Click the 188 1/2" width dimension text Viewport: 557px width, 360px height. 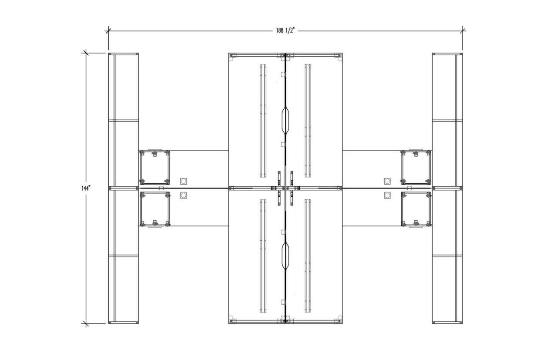pos(285,30)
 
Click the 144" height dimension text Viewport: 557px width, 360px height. pos(85,188)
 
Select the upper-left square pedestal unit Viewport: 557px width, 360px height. pos(154,167)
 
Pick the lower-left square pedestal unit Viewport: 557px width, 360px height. pos(154,209)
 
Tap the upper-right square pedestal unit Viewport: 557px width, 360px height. pos(416,167)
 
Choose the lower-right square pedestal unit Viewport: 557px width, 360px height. pos(416,209)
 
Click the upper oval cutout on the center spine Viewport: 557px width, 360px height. pos(285,119)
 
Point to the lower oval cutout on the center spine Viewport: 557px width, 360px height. pos(285,255)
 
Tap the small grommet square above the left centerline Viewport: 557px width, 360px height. pos(183,181)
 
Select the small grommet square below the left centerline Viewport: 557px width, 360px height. pos(183,195)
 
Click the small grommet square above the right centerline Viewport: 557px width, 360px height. pos(387,181)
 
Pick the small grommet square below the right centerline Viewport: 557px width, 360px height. pos(387,195)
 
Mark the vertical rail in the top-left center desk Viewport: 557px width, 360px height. pos(263,121)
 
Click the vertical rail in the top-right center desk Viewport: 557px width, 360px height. pos(308,121)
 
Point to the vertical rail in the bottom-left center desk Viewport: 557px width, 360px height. pos(263,256)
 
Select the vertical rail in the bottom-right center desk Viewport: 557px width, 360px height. pos(308,256)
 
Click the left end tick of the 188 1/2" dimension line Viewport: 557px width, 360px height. pos(108,30)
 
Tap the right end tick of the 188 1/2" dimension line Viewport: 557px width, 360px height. pos(462,30)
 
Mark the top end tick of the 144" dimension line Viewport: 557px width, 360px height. pos(85,54)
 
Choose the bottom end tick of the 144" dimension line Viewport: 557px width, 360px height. pos(85,323)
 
